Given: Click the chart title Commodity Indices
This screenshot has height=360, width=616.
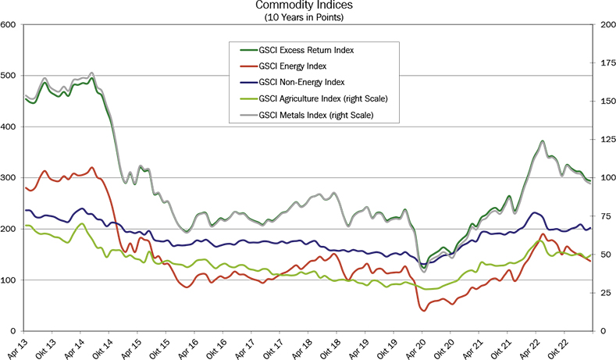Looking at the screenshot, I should click(x=308, y=6).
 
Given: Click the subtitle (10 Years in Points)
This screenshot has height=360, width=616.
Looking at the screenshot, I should click(x=308, y=16).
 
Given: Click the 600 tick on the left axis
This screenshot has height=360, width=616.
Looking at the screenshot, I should click(x=9, y=25).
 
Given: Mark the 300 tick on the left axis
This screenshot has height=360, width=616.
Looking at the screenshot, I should click(x=9, y=178).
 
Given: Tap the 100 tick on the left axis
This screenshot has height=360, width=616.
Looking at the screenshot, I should click(x=9, y=280).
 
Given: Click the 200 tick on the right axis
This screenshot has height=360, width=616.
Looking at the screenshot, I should click(x=605, y=25).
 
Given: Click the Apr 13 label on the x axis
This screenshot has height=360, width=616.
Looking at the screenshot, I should click(x=19, y=346).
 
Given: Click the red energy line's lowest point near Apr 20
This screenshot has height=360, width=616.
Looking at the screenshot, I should click(x=424, y=311).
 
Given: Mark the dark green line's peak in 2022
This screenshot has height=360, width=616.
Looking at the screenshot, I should click(x=542, y=142).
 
